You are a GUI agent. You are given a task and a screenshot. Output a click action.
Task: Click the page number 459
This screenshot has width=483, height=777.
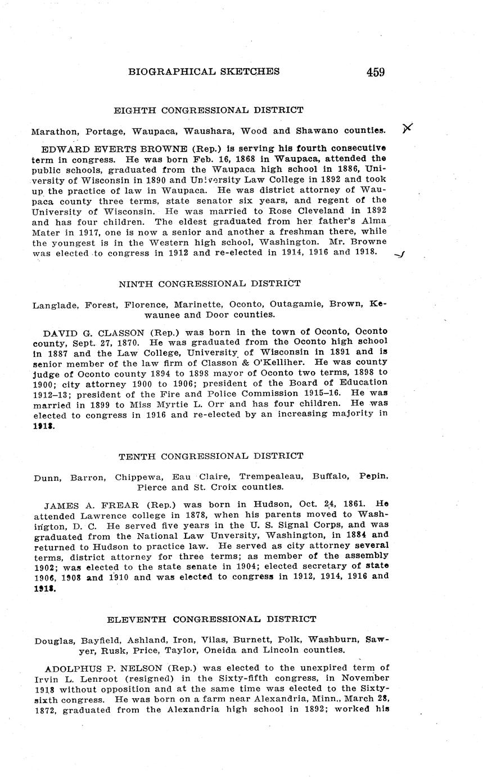[375, 72]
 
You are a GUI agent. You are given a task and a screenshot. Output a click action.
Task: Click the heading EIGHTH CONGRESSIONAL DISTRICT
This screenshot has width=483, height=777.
[209, 110]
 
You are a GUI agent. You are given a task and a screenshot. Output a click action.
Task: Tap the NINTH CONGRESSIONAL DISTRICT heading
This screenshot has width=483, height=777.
[209, 284]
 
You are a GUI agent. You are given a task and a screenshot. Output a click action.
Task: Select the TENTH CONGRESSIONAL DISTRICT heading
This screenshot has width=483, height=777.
[211, 456]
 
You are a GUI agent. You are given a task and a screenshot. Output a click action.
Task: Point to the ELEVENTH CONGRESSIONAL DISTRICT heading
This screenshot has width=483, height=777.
[211, 619]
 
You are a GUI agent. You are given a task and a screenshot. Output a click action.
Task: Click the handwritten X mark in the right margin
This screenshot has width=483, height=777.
[408, 128]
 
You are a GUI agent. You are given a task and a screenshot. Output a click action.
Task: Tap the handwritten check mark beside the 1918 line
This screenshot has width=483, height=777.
[400, 254]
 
